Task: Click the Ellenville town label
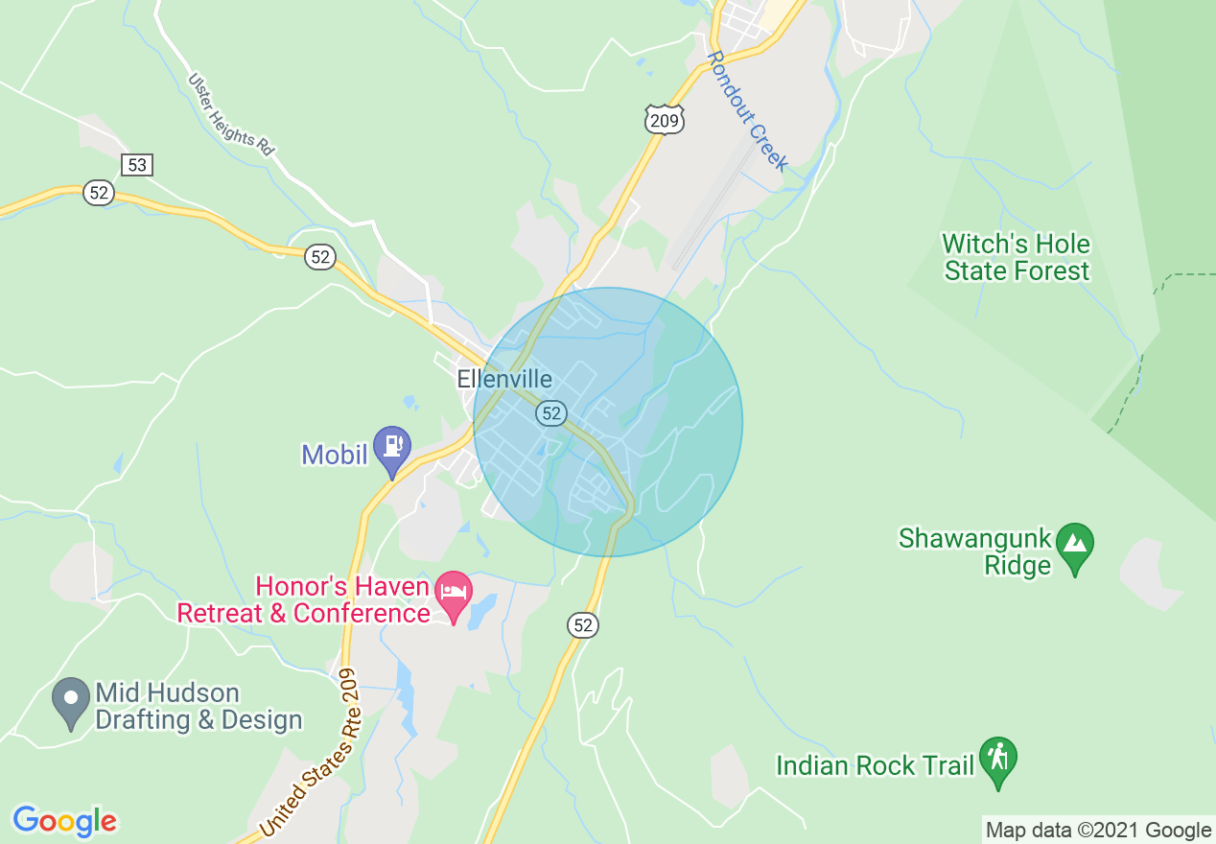(x=503, y=379)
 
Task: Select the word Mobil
(x=335, y=455)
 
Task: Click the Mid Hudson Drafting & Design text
(x=199, y=706)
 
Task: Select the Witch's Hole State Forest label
(x=1017, y=257)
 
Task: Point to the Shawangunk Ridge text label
(x=975, y=551)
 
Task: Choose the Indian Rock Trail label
(x=875, y=765)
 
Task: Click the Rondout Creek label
(x=747, y=111)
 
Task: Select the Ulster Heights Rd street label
(x=231, y=115)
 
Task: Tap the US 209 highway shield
(x=664, y=119)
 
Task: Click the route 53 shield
(x=137, y=165)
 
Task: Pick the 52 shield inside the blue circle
(x=550, y=413)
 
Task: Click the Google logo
(x=64, y=821)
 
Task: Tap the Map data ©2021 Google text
(x=1099, y=831)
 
